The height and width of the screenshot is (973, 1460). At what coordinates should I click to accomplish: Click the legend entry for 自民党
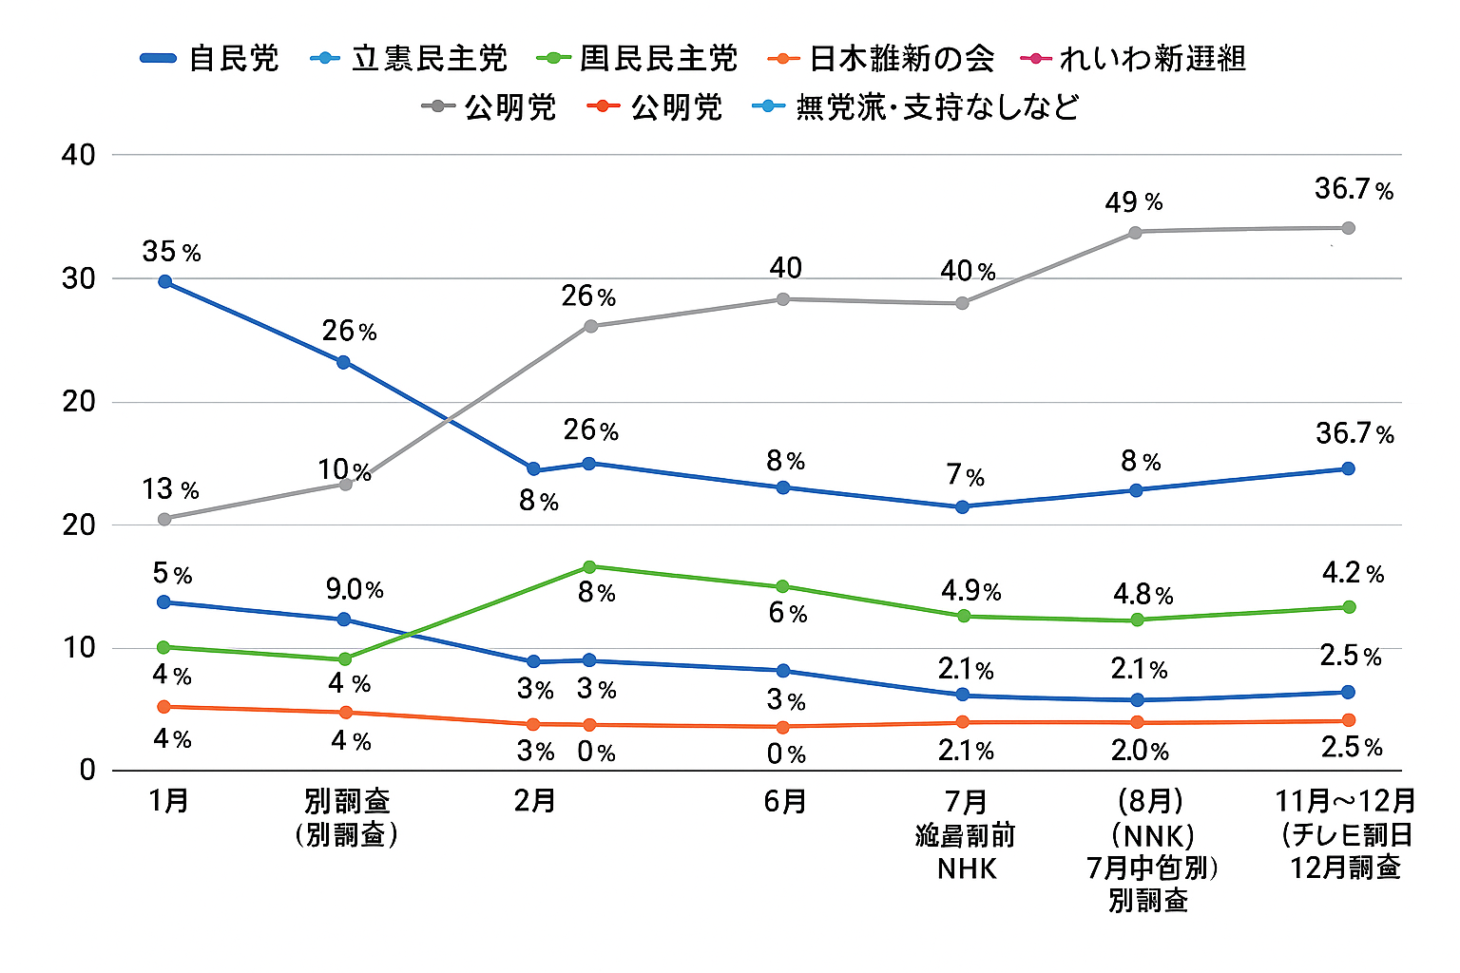tap(210, 59)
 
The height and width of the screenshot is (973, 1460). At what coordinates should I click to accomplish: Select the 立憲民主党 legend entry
tap(410, 59)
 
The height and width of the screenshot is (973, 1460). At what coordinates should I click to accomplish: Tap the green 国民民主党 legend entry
tap(638, 59)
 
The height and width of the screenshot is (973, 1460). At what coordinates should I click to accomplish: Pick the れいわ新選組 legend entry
tap(1132, 59)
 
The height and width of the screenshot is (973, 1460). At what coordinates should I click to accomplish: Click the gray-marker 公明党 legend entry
tap(490, 106)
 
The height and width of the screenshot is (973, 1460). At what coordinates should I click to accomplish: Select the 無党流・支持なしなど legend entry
tap(916, 106)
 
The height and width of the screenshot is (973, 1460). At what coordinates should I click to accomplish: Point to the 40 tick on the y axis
tap(79, 155)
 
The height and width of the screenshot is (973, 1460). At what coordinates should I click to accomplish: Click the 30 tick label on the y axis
tap(79, 278)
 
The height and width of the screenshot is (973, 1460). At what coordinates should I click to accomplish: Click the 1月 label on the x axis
tap(169, 802)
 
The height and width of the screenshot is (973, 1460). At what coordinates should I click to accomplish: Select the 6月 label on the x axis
tap(785, 802)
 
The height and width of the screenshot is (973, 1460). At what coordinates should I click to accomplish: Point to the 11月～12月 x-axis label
tap(1345, 802)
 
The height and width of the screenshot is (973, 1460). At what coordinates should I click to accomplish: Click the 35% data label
tap(171, 252)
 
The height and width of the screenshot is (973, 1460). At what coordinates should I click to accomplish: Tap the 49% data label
tap(1133, 202)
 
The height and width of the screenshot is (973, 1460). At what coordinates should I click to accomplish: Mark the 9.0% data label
tap(355, 590)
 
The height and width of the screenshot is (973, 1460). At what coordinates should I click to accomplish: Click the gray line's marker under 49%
tap(1135, 232)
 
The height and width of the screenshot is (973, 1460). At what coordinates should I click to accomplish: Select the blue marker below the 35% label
tap(165, 281)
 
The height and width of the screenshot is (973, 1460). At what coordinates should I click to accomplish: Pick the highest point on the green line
tap(589, 567)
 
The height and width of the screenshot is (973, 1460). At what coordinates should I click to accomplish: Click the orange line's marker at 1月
tap(164, 707)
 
